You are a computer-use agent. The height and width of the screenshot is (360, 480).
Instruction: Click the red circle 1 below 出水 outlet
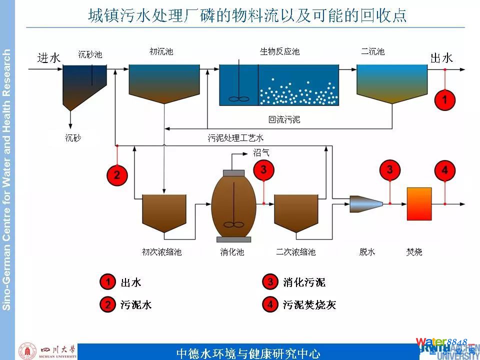pos(444,99)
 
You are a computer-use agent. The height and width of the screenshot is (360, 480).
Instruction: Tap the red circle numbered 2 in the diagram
pos(116,174)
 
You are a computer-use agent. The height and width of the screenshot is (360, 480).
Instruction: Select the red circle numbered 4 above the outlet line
pos(444,170)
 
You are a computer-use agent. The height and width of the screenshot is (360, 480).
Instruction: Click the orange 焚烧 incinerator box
pos(419,203)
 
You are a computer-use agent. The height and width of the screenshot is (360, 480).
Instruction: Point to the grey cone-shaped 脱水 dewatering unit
pos(366,203)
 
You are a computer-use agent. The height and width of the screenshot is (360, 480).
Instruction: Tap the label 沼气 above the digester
pos(261,153)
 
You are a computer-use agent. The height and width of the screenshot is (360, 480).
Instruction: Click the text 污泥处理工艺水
pos(235,137)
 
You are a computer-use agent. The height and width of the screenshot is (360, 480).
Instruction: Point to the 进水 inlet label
pos(49,58)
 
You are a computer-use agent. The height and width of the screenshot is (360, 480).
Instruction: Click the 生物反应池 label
pos(279,51)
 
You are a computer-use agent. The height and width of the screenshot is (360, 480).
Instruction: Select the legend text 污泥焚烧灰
pos(309,304)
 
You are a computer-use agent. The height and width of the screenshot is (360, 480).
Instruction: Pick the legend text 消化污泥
pos(304,282)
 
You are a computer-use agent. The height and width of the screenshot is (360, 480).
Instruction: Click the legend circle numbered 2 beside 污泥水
pos(107,304)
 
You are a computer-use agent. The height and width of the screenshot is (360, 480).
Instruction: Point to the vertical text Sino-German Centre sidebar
pos(6,180)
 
